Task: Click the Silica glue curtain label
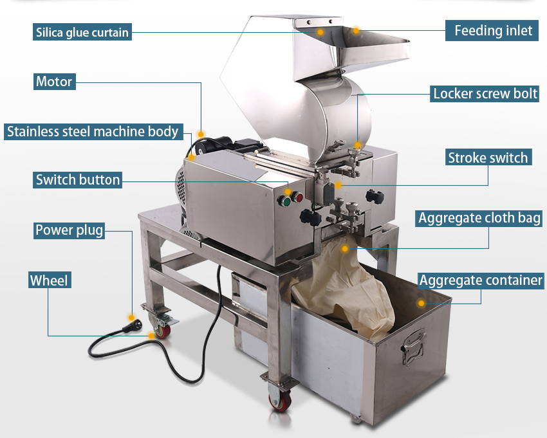pos(82,32)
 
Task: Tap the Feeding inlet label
pos(493,30)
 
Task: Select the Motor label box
pos(54,82)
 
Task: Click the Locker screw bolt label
pos(485,93)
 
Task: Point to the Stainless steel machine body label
pos(92,132)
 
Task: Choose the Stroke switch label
pos(487,158)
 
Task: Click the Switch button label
pos(78,179)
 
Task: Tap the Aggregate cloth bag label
pos(479,217)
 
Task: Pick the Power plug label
pos(69,230)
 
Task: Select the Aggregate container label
pos(481,280)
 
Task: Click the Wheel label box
pos(49,280)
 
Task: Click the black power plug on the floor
pos(134,322)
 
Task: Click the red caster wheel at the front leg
pos(280,401)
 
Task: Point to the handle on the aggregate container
pos(414,340)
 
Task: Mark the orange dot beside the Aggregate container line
pos(422,302)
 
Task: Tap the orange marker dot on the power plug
pos(131,316)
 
